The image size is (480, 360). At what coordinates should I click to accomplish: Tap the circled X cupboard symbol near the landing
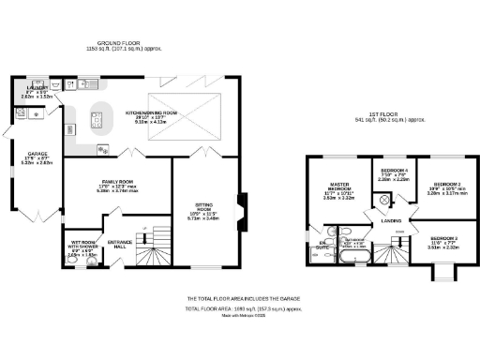(x=382, y=200)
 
